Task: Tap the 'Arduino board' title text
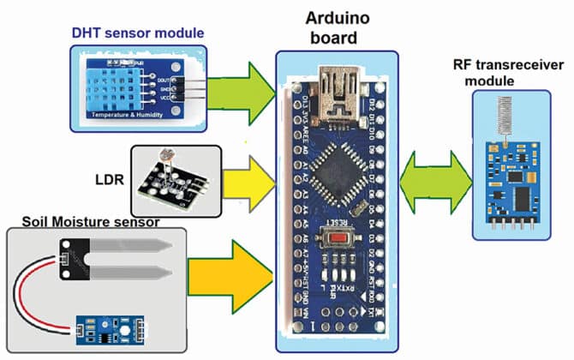click(337, 27)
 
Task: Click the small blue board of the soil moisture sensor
click(108, 328)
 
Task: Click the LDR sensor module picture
click(176, 180)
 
